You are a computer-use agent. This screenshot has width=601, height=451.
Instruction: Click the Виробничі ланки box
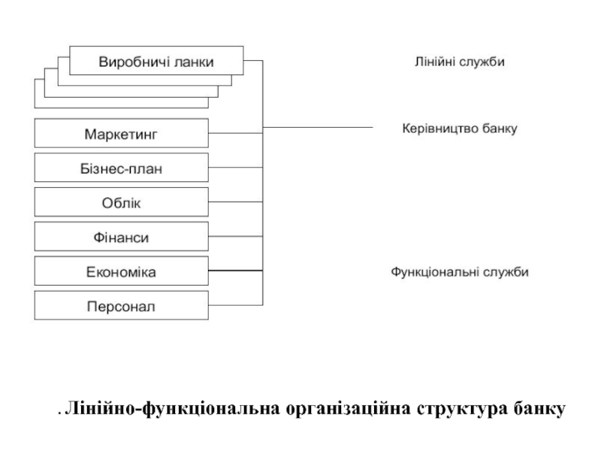click(156, 61)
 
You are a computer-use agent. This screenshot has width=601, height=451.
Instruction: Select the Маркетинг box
click(121, 135)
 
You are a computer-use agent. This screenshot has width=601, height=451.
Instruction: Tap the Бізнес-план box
click(121, 169)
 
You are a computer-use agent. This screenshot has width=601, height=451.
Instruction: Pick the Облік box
click(121, 203)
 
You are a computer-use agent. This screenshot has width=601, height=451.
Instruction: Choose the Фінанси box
click(121, 238)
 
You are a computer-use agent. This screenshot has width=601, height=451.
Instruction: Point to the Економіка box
click(121, 271)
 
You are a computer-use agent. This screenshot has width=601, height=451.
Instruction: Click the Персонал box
click(121, 306)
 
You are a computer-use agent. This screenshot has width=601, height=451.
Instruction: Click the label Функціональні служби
click(459, 271)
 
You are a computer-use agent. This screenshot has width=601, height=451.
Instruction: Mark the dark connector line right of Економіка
click(234, 271)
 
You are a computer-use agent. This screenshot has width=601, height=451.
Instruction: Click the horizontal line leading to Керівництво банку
click(317, 128)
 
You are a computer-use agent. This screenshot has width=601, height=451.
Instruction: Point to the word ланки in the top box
click(193, 61)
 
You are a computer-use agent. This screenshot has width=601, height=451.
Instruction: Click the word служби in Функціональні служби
click(507, 271)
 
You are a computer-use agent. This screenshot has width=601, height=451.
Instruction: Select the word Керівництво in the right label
click(438, 129)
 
